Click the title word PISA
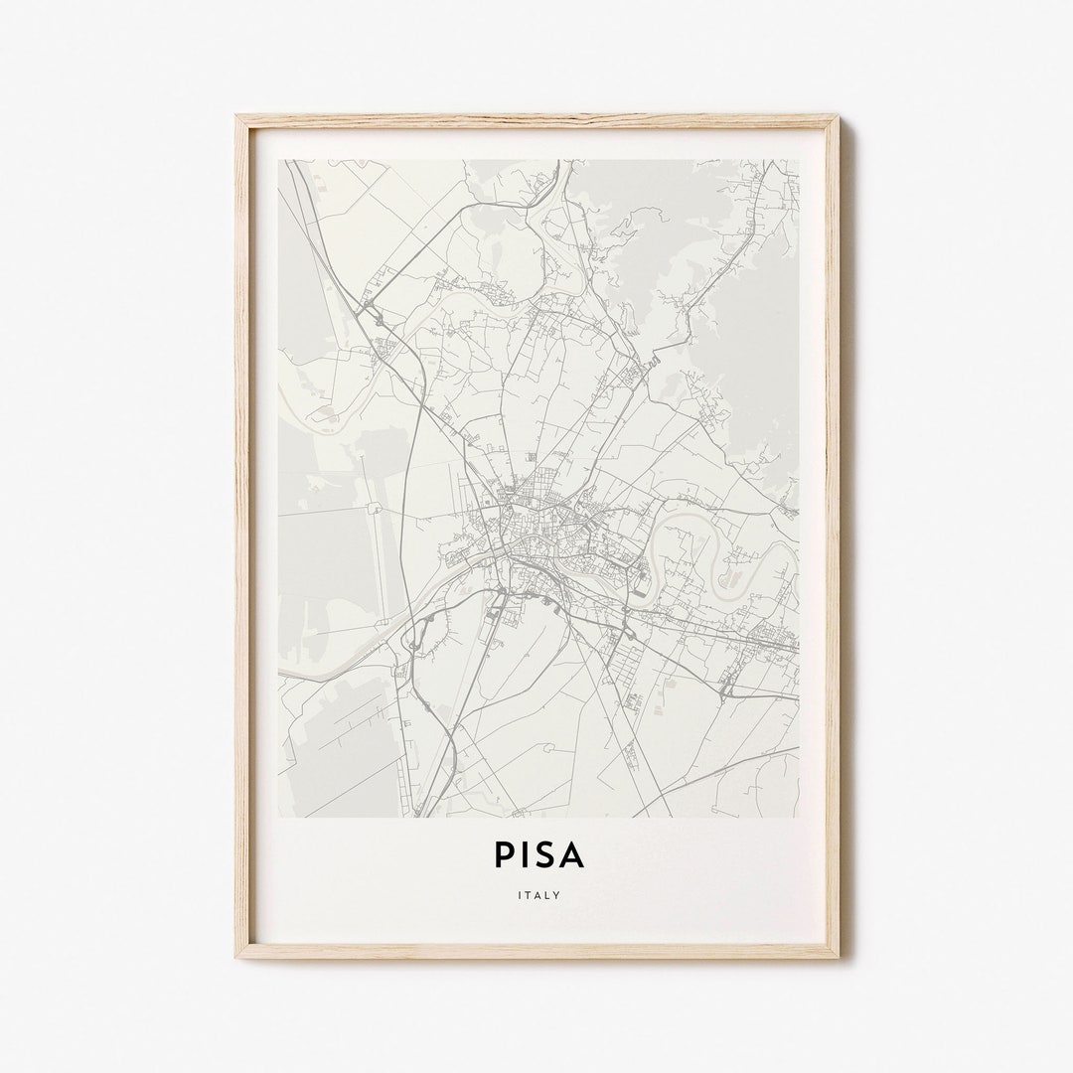(537, 854)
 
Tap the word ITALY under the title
(538, 894)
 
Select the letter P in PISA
(500, 854)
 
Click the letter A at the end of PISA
(573, 854)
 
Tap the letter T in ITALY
(529, 894)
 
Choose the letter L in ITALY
(547, 894)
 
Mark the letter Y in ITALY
(557, 894)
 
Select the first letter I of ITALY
(520, 894)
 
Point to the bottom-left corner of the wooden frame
(237, 956)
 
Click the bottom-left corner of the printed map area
(279, 816)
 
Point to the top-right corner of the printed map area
(798, 161)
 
